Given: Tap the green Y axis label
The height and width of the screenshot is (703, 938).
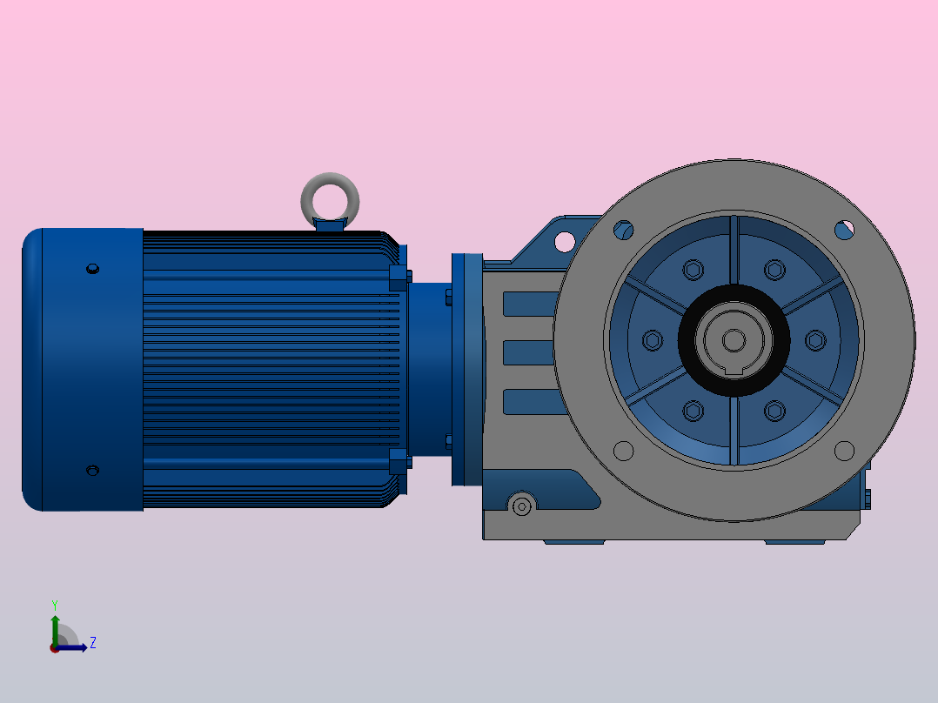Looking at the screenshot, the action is point(55,605).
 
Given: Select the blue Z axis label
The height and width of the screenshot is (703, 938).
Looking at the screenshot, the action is point(93,643).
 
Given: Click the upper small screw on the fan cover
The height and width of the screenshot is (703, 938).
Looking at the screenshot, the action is point(92,269).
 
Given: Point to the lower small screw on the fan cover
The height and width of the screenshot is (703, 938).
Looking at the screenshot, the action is point(92,471).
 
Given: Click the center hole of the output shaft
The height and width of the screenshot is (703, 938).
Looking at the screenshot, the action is point(734,340).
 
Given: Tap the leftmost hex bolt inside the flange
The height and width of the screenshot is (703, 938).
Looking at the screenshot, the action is point(652,340).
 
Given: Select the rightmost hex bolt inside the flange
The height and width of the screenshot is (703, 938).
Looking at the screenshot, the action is point(815,340).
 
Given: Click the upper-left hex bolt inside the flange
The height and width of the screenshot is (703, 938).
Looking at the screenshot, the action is point(693,270).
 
